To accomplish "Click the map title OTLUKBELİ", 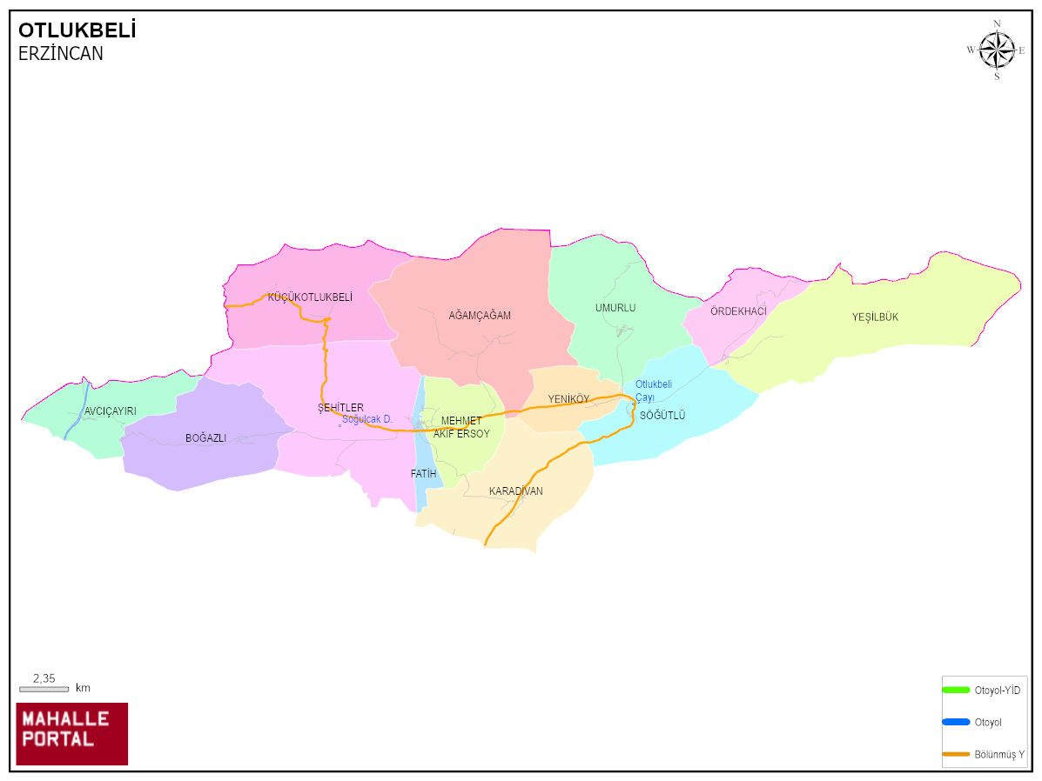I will [77, 31].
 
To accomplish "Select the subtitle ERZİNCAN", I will [61, 54].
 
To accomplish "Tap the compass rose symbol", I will [997, 50].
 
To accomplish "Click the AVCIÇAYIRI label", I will [111, 411].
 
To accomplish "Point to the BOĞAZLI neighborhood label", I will [205, 438].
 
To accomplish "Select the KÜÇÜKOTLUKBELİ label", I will [310, 297].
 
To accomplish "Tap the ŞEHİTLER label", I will [340, 408].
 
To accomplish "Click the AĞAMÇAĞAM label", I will [480, 316].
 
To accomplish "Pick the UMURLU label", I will [615, 308].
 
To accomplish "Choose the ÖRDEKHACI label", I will [738, 311].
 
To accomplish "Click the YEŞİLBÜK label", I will [875, 317].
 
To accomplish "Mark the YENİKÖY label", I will [568, 399].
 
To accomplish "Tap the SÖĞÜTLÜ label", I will [662, 416].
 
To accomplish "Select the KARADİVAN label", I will [515, 491].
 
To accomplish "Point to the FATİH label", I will [423, 474].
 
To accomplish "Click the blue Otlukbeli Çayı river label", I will [653, 390].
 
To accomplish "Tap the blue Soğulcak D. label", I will [367, 419].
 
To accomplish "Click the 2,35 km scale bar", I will [44, 689].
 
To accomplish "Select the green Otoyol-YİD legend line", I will [956, 690].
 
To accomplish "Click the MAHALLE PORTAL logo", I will [72, 733].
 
